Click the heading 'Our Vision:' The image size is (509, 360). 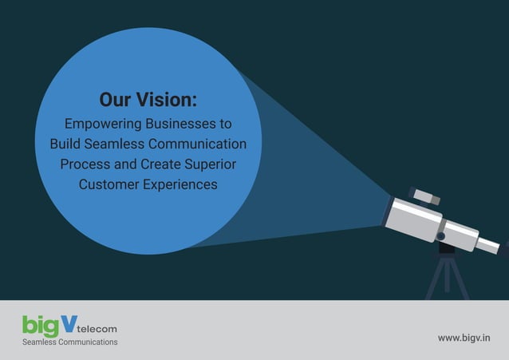148,100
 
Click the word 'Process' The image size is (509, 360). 82,164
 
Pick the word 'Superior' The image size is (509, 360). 211,164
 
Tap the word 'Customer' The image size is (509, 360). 106,184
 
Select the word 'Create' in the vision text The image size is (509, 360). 158,164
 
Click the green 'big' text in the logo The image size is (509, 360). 39,326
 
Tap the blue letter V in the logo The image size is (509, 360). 69,322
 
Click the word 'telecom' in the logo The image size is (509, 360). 98,328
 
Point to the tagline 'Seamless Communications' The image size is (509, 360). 69,342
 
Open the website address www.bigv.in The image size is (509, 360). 464,338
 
